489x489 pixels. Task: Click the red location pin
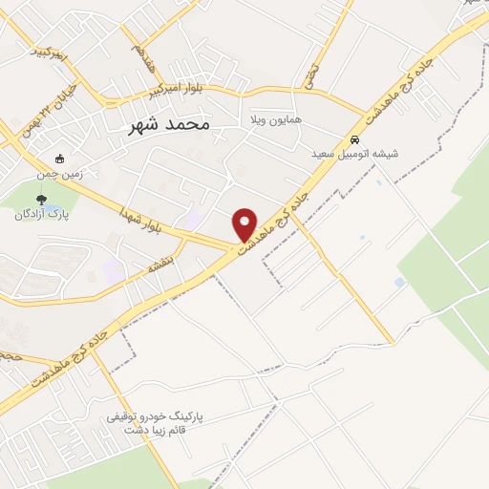coord(245,223)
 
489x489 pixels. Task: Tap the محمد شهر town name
coord(167,125)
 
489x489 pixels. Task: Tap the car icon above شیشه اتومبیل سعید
coord(355,138)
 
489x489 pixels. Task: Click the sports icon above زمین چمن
coord(60,159)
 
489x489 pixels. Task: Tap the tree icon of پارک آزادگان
coord(40,199)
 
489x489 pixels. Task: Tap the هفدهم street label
coord(144,53)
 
